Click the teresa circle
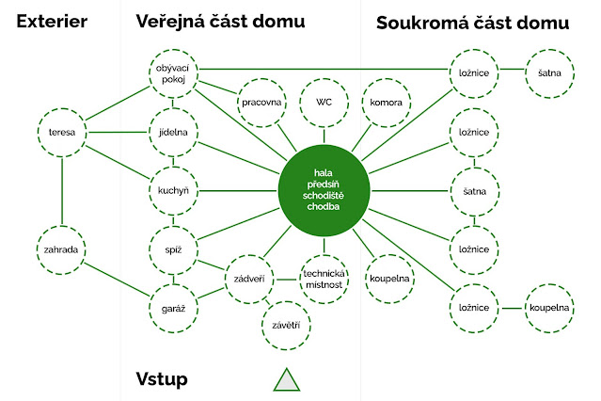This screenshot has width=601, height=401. [x=62, y=133]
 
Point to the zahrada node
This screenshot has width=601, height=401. [x=62, y=249]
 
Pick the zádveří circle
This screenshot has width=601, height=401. [x=248, y=279]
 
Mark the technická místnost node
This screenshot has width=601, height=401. [x=324, y=279]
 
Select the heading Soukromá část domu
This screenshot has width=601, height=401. [x=471, y=23]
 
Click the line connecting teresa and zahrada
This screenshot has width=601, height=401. [x=62, y=191]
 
